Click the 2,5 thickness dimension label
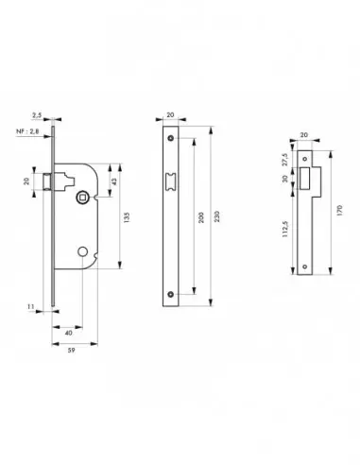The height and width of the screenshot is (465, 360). click(35, 114)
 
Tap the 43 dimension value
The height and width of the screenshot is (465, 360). click(114, 181)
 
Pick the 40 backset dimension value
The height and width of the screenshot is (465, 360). click(70, 334)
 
